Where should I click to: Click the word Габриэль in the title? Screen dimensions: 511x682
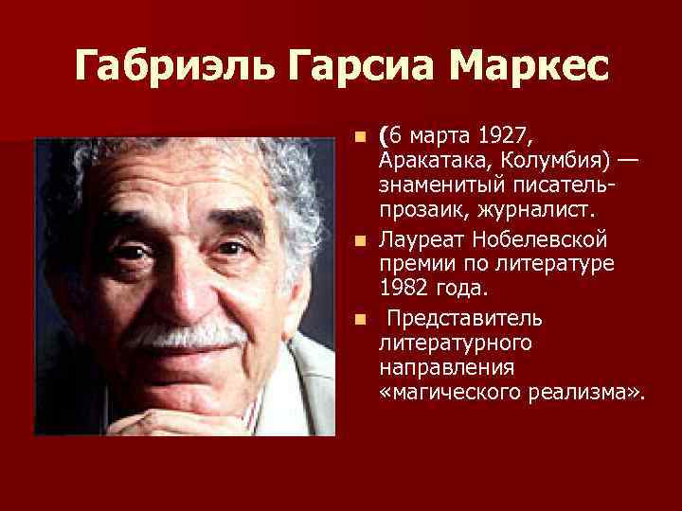point(161,67)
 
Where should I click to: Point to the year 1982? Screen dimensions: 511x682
point(404,285)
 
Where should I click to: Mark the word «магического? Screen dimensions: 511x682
point(455,390)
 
